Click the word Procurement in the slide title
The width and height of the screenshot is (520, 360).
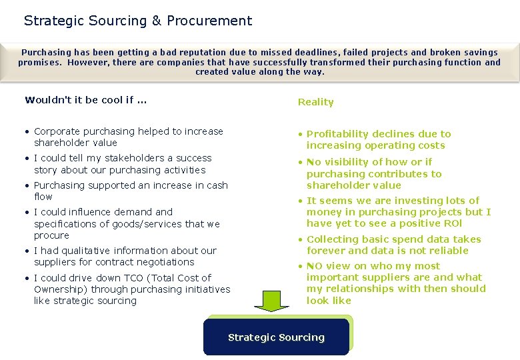pos(209,21)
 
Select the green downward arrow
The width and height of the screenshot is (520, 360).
pos(271,301)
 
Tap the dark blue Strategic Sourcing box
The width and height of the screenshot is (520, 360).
pos(276,337)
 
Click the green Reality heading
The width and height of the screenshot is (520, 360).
pos(315,102)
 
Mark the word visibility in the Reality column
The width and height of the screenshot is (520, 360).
pos(345,162)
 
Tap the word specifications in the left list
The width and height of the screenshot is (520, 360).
pos(66,224)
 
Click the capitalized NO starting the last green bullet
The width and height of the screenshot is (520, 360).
pos(315,266)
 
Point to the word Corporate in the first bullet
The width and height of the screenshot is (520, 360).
pos(58,131)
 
